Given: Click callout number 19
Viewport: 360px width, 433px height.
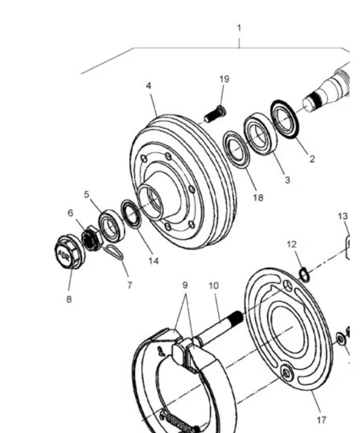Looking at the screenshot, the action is tap(224, 79).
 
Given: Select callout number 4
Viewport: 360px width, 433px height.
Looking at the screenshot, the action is tap(149, 86).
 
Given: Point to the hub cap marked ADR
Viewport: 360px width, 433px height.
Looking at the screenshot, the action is tap(69, 252).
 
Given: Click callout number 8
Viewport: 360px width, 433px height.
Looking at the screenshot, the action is tap(69, 299).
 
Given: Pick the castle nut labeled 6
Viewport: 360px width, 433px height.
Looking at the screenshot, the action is tap(92, 238).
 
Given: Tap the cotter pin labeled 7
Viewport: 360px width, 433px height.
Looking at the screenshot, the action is tap(114, 252).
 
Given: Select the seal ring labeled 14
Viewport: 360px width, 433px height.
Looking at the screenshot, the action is tap(132, 213).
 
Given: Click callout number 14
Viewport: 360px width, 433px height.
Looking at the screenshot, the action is tap(153, 261).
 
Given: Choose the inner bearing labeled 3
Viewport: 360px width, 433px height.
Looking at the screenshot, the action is tap(261, 134).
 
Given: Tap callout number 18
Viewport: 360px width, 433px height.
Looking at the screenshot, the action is tap(258, 198).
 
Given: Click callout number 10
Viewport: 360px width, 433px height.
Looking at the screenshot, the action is tap(214, 286).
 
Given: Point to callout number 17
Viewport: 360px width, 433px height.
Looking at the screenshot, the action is tap(321, 420).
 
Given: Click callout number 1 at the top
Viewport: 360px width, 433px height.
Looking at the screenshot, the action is tap(239, 28).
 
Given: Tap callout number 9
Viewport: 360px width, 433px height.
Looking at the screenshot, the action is tap(185, 285).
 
